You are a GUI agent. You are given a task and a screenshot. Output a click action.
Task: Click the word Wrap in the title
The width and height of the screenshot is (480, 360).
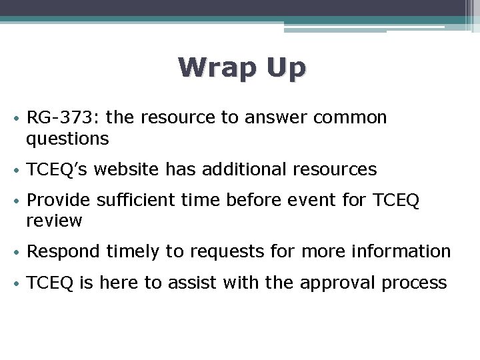point(215,68)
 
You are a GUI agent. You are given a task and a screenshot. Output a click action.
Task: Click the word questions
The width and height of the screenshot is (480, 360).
point(67,139)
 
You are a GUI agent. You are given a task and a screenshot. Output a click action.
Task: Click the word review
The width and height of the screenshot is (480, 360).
point(55,221)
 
